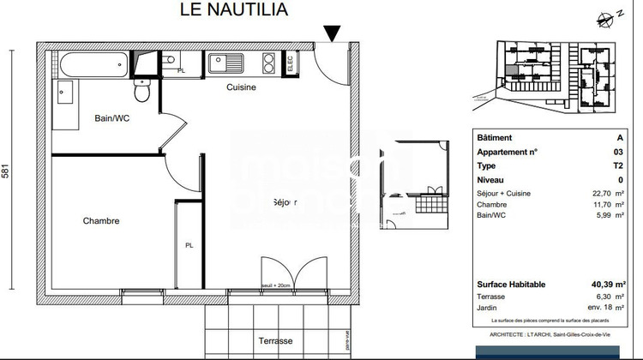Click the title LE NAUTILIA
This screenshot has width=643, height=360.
point(234,10)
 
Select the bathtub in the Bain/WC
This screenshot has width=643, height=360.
point(93,64)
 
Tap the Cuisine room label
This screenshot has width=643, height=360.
point(241,87)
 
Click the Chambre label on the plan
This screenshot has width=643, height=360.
point(100,221)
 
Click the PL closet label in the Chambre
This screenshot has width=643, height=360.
point(189,245)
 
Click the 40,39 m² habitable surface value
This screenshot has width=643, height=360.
point(607,285)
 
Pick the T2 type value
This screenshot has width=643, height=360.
point(619,165)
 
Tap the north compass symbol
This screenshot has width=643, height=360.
point(611,16)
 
